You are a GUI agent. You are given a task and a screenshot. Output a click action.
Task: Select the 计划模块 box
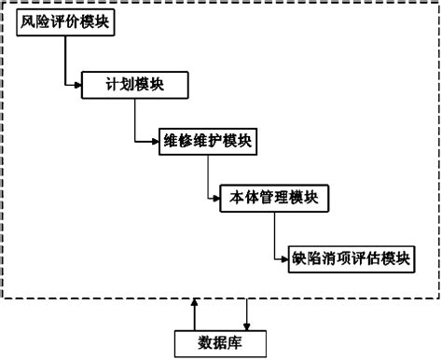(135, 84)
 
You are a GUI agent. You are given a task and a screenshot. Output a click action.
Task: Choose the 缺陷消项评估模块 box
(350, 257)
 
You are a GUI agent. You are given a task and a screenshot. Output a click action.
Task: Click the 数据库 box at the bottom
(220, 341)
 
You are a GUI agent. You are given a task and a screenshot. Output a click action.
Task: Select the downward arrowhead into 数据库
(246, 324)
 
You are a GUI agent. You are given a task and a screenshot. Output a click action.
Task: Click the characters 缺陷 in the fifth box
(305, 257)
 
